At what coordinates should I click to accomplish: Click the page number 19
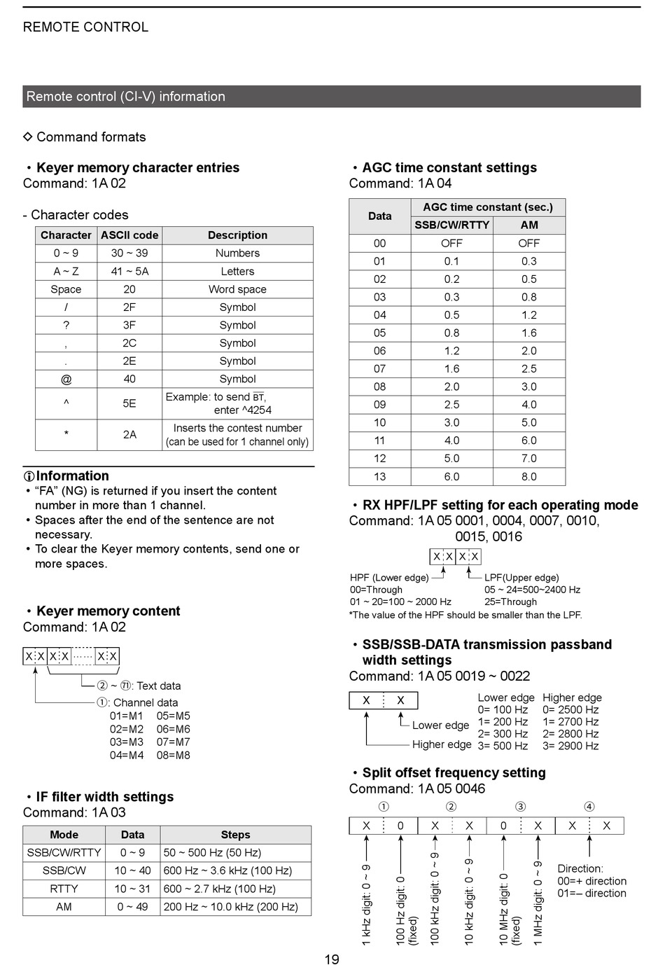pos(332,959)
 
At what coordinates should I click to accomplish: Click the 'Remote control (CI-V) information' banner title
pos(126,97)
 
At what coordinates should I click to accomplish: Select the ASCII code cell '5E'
pos(129,403)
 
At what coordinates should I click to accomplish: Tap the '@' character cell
pos(66,379)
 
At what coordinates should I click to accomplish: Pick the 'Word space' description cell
pos(237,289)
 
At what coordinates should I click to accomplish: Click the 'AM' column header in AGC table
pos(529,225)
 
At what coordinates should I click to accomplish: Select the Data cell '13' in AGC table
pos(379,476)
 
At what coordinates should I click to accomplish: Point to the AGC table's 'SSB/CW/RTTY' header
pos(451,225)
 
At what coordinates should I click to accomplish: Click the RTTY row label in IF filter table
pos(64,889)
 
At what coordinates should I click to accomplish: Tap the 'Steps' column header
pos(235,835)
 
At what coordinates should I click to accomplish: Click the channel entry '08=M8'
pos(174,755)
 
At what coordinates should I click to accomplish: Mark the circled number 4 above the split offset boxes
pos(589,807)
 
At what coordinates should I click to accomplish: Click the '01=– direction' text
pos(591,893)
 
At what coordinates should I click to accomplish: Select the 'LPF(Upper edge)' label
pos(521,578)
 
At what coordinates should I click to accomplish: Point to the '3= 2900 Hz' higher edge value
pos(570,746)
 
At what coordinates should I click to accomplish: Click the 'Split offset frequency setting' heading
pos(454,772)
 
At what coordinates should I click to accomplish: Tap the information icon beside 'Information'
pos(29,476)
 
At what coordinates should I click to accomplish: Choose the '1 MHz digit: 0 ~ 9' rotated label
pos(538,903)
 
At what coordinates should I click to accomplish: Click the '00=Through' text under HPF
pos(376,590)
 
